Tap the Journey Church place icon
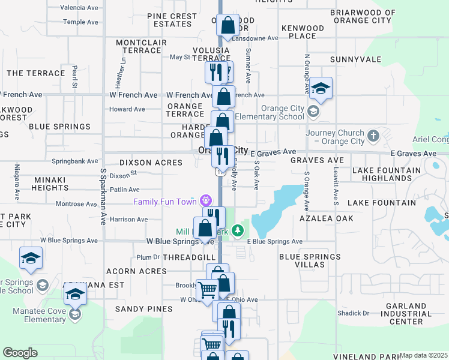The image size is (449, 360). tap(373, 136)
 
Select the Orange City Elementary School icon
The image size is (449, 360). tap(313, 112)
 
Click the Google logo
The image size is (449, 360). tap(20, 353)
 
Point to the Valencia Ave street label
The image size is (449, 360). tap(80, 8)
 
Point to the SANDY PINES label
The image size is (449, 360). tap(143, 309)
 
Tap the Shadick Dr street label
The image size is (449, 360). tap(353, 313)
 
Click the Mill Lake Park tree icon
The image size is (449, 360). tap(238, 230)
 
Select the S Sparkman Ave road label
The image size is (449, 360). tap(103, 197)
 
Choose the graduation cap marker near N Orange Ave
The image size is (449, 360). tap(321, 89)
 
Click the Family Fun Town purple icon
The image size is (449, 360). tap(206, 199)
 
